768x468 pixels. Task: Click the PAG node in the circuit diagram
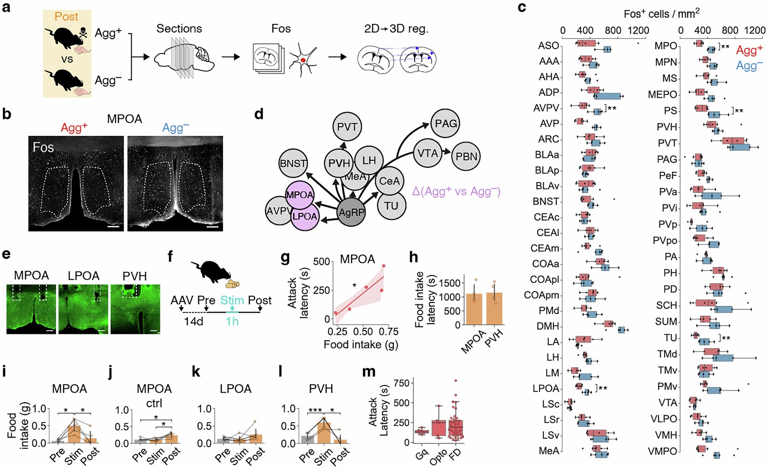(x=446, y=123)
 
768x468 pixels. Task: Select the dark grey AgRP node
(x=351, y=212)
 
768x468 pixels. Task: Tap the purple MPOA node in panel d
(x=300, y=195)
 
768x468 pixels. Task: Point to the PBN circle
(x=466, y=156)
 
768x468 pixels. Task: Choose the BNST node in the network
(x=293, y=163)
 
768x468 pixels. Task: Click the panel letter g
(x=285, y=258)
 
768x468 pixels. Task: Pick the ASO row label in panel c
(x=548, y=45)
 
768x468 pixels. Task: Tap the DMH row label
(x=548, y=326)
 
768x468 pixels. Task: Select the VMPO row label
(x=662, y=451)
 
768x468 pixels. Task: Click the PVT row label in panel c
(x=667, y=143)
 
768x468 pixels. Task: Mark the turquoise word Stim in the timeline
(x=232, y=301)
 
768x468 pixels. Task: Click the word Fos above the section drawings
(x=281, y=29)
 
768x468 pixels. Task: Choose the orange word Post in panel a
(x=66, y=17)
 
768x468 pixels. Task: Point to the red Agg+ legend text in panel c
(x=749, y=50)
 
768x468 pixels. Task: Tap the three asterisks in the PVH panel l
(x=315, y=410)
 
